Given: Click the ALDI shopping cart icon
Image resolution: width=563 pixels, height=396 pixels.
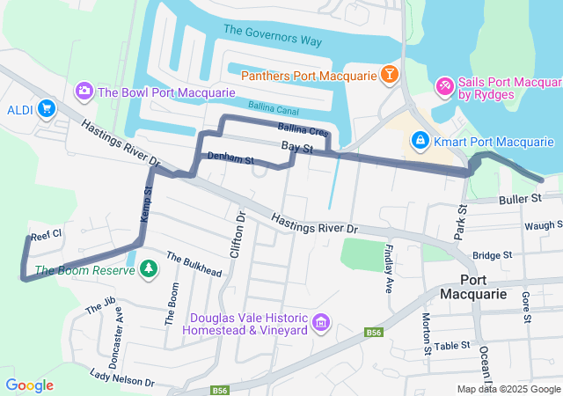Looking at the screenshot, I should point(46,109).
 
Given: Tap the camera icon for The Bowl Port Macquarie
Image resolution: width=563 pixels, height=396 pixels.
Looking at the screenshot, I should point(84,90).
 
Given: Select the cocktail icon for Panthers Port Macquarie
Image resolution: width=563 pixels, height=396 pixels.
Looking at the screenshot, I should point(389,74).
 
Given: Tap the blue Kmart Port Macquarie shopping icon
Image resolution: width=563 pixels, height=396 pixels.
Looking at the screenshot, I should point(420,141).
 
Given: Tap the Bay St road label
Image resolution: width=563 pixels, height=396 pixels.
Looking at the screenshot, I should point(297,148).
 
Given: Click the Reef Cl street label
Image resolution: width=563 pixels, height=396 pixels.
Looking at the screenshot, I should point(46,236).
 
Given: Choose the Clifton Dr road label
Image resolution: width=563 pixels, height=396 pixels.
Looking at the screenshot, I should point(240,227).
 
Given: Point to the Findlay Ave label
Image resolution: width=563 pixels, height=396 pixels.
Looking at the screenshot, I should point(388,268).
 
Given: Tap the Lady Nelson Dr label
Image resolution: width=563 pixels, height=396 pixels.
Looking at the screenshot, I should point(121,378).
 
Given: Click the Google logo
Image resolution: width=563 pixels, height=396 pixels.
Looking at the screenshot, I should point(29,385).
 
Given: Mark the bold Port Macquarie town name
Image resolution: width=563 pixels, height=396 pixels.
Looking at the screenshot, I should point(473,286).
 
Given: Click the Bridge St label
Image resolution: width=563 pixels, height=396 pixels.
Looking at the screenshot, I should point(492,255).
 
